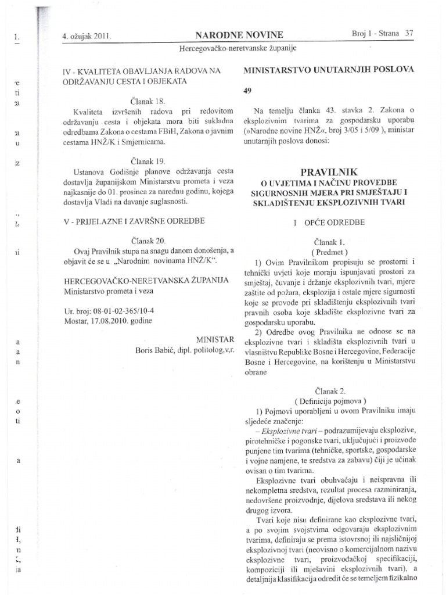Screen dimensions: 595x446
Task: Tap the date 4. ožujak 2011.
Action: tap(86, 35)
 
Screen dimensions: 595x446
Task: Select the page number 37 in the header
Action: tap(409, 34)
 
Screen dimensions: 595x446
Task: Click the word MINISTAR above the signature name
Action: tap(215, 338)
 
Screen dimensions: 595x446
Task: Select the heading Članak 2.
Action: tap(329, 391)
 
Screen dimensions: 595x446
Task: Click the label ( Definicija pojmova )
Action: tap(330, 401)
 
